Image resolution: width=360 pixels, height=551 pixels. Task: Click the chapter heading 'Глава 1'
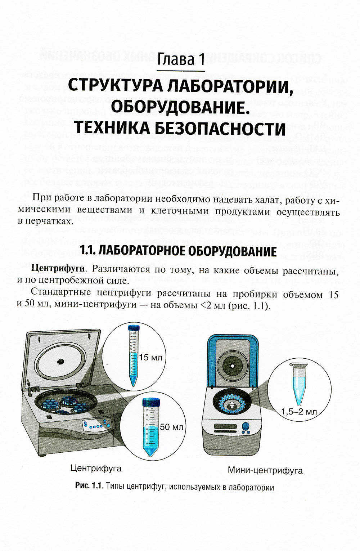[181, 59]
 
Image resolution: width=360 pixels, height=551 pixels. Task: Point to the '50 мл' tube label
[172, 427]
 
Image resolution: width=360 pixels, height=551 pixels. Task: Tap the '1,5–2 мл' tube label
[299, 412]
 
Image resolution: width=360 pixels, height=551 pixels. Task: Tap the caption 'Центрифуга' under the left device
[96, 468]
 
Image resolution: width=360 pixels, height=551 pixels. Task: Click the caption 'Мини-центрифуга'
[265, 470]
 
